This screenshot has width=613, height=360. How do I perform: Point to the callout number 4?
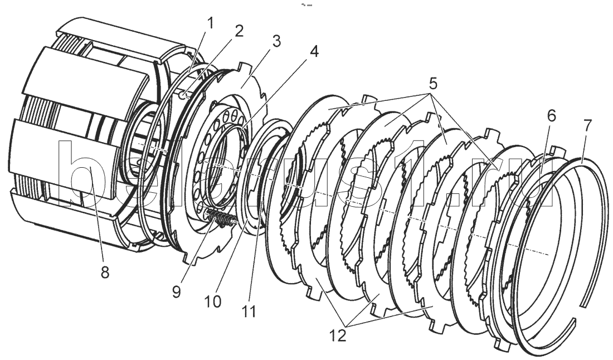click(x=314, y=52)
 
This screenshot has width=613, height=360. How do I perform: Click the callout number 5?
click(x=432, y=85)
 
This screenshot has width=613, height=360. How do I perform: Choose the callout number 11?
click(x=249, y=310)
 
